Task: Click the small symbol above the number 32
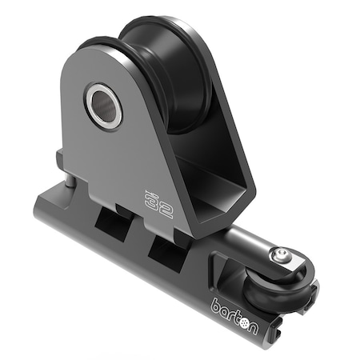pos(148,190)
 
